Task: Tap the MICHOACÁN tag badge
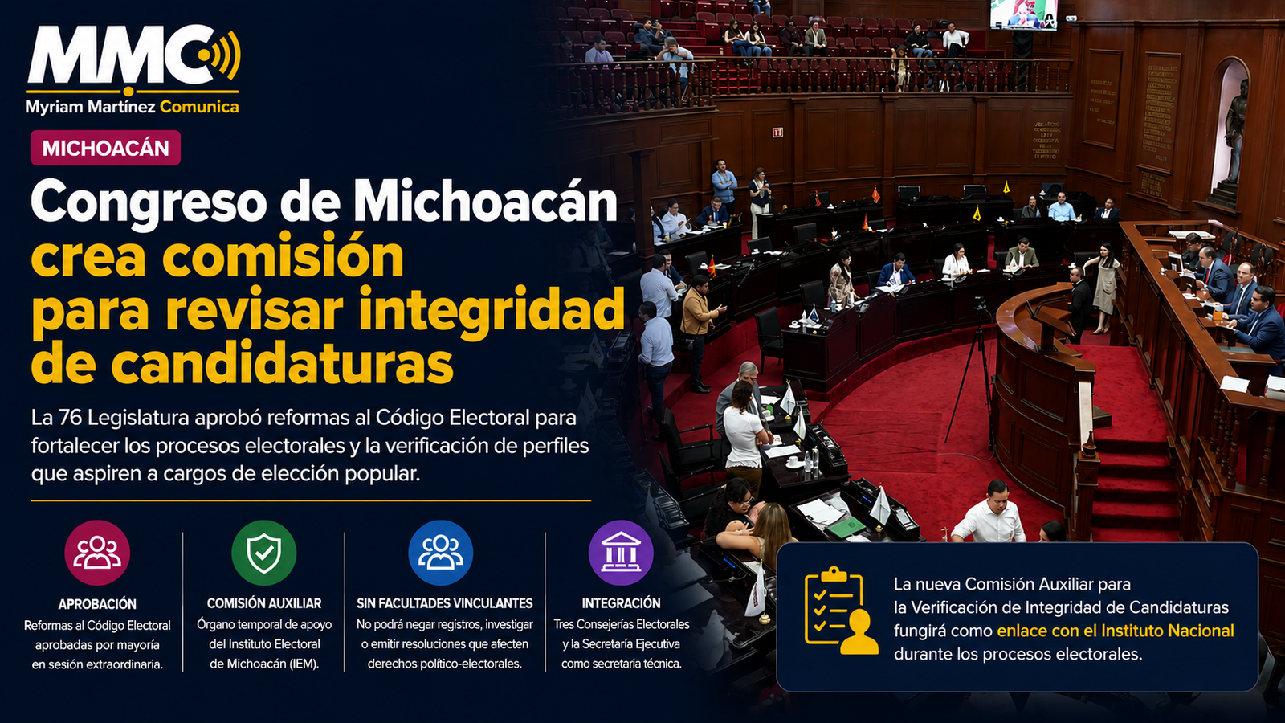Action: coord(105,148)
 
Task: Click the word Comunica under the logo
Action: coord(199,107)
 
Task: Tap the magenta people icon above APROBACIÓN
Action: coord(97,553)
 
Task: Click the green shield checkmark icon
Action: coord(264,553)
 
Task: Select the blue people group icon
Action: coord(441,553)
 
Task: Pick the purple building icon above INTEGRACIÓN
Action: coord(621,553)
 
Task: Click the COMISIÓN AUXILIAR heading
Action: coord(264,603)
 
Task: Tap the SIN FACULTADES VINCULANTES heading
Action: coord(445,603)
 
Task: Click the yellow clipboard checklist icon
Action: coord(840,611)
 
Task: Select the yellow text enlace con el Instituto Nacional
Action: coord(1116,631)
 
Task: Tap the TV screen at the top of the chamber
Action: coord(1023,14)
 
